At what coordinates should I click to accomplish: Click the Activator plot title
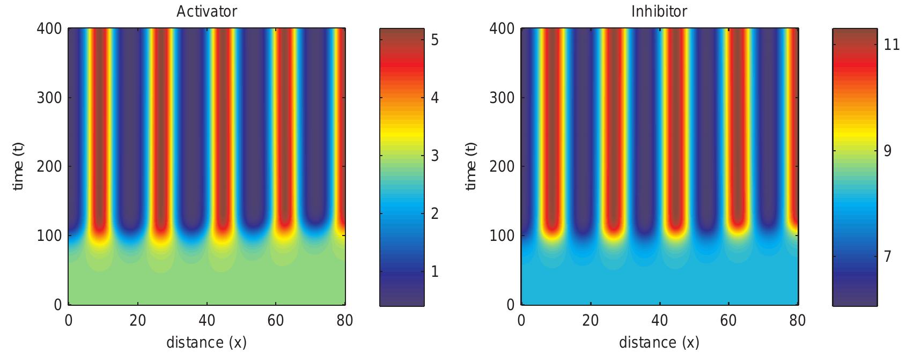(207, 11)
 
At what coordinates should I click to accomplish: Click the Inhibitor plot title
(659, 11)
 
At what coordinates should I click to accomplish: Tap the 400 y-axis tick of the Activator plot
(49, 28)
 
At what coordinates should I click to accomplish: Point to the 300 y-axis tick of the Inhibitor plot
(502, 98)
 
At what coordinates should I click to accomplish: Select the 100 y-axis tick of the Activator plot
(49, 236)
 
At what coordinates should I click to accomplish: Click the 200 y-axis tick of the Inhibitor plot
(502, 166)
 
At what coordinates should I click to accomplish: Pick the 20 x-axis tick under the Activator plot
(138, 321)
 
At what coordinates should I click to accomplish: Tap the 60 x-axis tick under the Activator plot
(276, 321)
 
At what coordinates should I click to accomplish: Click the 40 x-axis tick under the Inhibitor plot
(659, 321)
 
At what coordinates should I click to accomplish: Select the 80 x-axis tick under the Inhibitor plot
(798, 321)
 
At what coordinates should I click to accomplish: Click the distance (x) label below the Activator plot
(207, 342)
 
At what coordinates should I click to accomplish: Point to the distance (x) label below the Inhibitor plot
(659, 342)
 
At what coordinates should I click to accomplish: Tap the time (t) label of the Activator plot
(19, 166)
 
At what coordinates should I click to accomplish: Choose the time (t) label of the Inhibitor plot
(471, 166)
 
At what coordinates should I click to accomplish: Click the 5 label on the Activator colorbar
(434, 40)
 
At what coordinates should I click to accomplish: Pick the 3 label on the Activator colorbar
(434, 156)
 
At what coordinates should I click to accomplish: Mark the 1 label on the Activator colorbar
(434, 271)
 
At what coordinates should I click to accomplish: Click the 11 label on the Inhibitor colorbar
(891, 45)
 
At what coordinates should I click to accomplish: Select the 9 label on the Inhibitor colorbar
(887, 151)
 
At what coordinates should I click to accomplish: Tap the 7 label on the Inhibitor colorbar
(887, 256)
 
